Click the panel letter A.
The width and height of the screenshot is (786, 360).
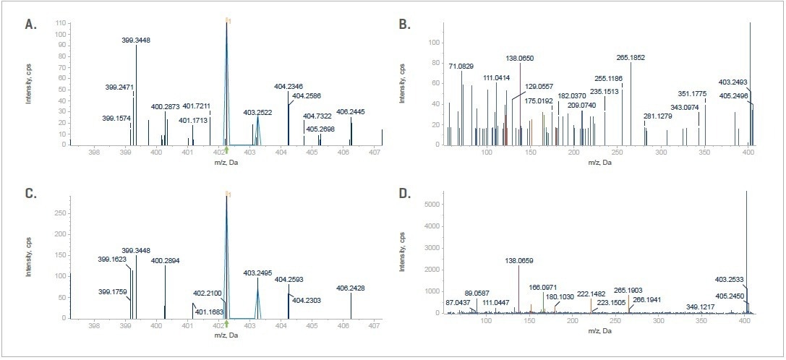[x=30, y=25]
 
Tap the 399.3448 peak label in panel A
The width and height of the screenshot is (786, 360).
[x=136, y=40]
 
